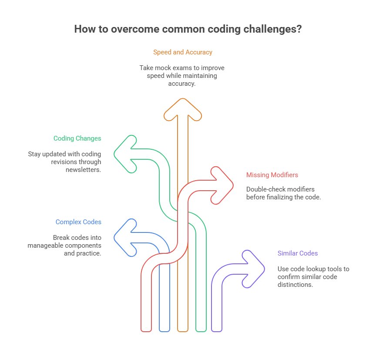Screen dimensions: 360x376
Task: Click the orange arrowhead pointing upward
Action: point(183,108)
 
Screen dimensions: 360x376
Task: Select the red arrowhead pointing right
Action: point(222,185)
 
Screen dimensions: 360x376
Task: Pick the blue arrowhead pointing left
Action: point(124,237)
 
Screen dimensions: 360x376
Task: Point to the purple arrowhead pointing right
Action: point(254,269)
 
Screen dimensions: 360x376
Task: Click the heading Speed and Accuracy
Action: point(183,52)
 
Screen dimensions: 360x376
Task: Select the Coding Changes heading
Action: point(77,138)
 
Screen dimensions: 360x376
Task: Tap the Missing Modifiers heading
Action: point(272,175)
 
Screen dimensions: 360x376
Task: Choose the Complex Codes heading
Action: point(78,222)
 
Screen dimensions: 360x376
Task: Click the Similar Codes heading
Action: point(298,253)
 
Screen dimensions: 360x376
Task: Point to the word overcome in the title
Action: point(121,29)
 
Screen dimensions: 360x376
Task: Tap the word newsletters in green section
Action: point(83,170)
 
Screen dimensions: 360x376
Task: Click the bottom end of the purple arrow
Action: point(217,329)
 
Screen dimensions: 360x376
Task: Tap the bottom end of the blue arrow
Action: point(164,329)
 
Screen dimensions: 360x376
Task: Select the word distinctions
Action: point(294,285)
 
